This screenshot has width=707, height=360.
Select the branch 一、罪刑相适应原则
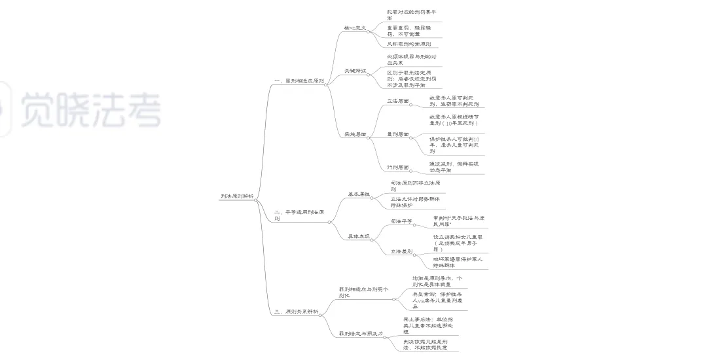(299, 81)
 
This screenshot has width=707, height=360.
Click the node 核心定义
(355, 28)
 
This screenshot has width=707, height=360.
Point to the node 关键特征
(355, 70)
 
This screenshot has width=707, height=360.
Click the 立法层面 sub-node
(397, 101)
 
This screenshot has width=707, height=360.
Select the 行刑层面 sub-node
(397, 167)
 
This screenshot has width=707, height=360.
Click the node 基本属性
(358, 194)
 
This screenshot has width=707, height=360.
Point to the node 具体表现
(358, 236)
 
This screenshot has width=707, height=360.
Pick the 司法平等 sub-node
(401, 222)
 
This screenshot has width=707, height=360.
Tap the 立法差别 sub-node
(401, 250)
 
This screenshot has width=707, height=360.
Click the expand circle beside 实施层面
(371, 136)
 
